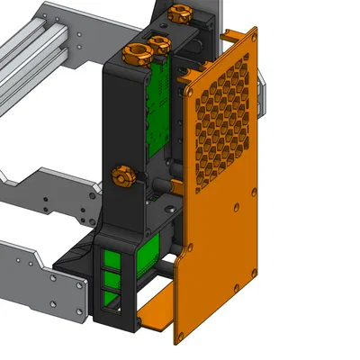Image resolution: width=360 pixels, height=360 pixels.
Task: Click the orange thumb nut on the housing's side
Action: click(x=123, y=175)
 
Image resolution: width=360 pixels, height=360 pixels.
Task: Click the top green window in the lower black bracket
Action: click(x=112, y=260)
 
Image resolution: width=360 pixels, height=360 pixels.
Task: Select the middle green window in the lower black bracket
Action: click(x=112, y=282)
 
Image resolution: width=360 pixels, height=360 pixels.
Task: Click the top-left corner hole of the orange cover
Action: click(x=190, y=90)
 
